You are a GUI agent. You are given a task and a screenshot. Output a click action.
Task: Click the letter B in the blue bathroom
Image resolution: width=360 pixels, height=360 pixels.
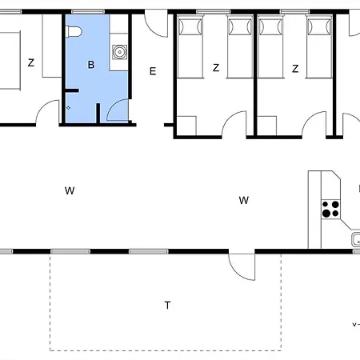[x=91, y=65]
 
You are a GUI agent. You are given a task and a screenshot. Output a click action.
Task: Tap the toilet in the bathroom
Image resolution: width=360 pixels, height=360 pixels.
[x=74, y=31]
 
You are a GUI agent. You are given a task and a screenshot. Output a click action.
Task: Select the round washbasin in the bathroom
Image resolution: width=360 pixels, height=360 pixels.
[x=119, y=53]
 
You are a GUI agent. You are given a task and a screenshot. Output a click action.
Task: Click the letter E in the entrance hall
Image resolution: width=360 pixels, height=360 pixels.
[x=152, y=70]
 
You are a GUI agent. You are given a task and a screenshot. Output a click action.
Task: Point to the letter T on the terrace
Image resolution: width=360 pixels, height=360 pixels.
[x=167, y=305]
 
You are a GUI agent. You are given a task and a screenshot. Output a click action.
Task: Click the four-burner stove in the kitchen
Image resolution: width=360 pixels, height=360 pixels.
[x=330, y=209]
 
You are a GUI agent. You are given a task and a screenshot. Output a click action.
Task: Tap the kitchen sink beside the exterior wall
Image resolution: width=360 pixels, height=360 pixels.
[x=354, y=239]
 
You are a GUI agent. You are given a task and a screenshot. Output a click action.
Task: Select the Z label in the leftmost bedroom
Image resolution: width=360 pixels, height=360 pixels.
[x=30, y=63]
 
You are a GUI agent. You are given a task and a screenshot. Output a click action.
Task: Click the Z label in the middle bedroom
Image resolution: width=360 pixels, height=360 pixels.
[x=216, y=68]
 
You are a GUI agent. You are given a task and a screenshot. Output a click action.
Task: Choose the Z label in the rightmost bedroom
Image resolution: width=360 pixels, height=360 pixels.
[x=295, y=69]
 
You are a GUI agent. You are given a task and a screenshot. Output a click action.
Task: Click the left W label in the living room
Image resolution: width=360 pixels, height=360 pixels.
[x=70, y=190]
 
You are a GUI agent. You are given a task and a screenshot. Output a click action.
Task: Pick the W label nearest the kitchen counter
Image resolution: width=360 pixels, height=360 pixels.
[x=244, y=200]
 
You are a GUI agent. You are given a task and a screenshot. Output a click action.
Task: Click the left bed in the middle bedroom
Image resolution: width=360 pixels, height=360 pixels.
[x=190, y=48]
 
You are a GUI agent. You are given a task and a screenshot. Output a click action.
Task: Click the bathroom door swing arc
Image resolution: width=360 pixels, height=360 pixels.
[x=118, y=110]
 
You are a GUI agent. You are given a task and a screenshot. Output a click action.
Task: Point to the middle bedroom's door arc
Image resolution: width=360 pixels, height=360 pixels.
[x=235, y=124]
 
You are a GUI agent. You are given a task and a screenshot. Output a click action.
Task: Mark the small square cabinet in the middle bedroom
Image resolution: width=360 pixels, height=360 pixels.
[x=186, y=126]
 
